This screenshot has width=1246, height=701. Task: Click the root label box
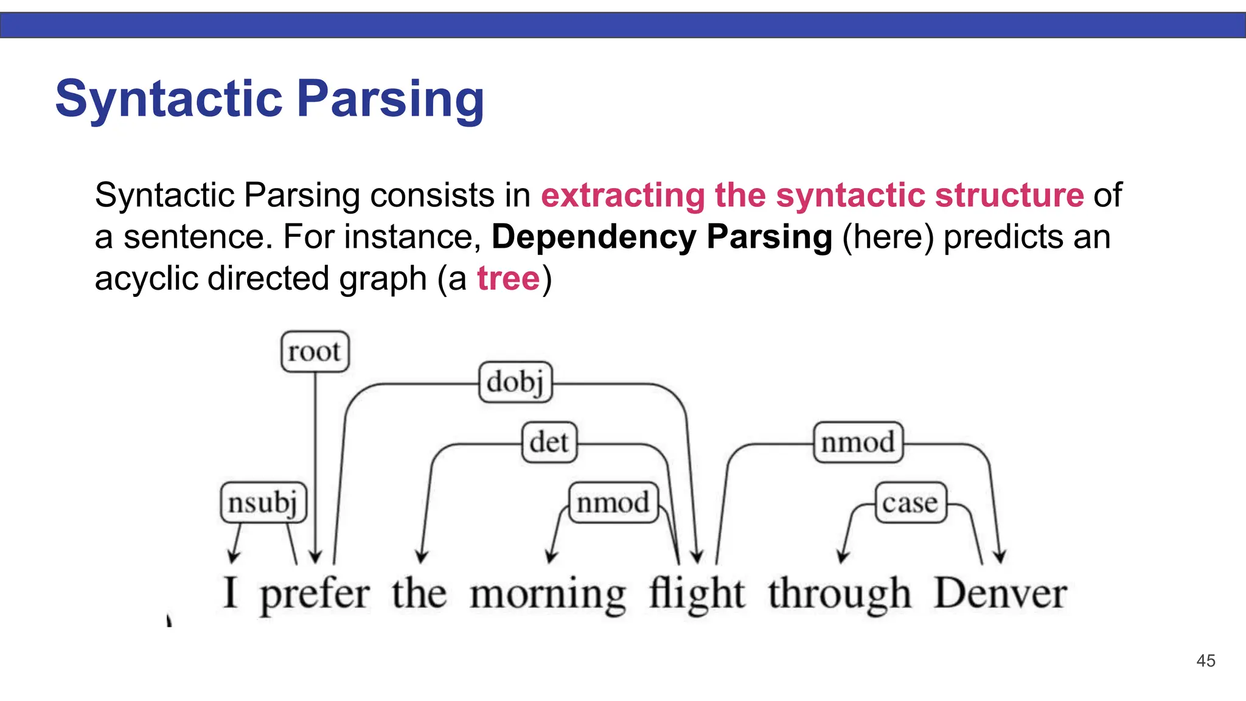tap(315, 352)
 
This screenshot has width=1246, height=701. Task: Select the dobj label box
tap(515, 382)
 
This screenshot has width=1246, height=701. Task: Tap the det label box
tap(549, 442)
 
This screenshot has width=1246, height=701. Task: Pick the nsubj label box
tap(263, 503)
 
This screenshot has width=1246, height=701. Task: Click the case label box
tap(910, 503)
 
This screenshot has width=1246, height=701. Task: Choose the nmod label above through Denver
tap(858, 442)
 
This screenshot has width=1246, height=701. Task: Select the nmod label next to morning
tap(613, 503)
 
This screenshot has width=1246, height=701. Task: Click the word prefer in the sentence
tap(315, 595)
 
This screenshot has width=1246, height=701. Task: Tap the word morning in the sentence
tap(548, 595)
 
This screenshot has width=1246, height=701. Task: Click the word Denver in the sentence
tap(1000, 593)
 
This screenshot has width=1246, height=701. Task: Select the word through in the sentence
tap(840, 595)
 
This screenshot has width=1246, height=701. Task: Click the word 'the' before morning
tap(419, 593)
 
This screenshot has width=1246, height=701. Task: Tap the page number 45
tap(1205, 661)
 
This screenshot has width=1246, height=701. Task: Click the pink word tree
tap(508, 279)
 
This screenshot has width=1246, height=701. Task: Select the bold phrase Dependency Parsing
tap(661, 237)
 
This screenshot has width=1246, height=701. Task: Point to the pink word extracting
tap(622, 195)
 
